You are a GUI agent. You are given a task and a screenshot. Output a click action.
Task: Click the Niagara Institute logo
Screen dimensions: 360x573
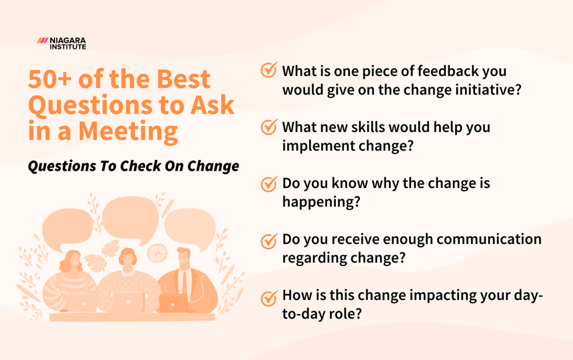[62, 43]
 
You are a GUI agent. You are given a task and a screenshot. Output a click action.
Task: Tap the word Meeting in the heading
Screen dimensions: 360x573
[128, 130]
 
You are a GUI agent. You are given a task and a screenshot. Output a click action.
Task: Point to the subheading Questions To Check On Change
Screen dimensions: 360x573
[133, 166]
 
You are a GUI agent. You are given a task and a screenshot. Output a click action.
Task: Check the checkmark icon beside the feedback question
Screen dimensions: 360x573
[269, 71]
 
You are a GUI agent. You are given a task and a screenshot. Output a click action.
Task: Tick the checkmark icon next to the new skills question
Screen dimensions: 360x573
[269, 127]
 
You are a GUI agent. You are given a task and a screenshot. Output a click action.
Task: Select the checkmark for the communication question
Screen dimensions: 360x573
[269, 241]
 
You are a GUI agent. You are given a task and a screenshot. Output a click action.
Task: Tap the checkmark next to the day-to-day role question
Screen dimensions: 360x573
[269, 297]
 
